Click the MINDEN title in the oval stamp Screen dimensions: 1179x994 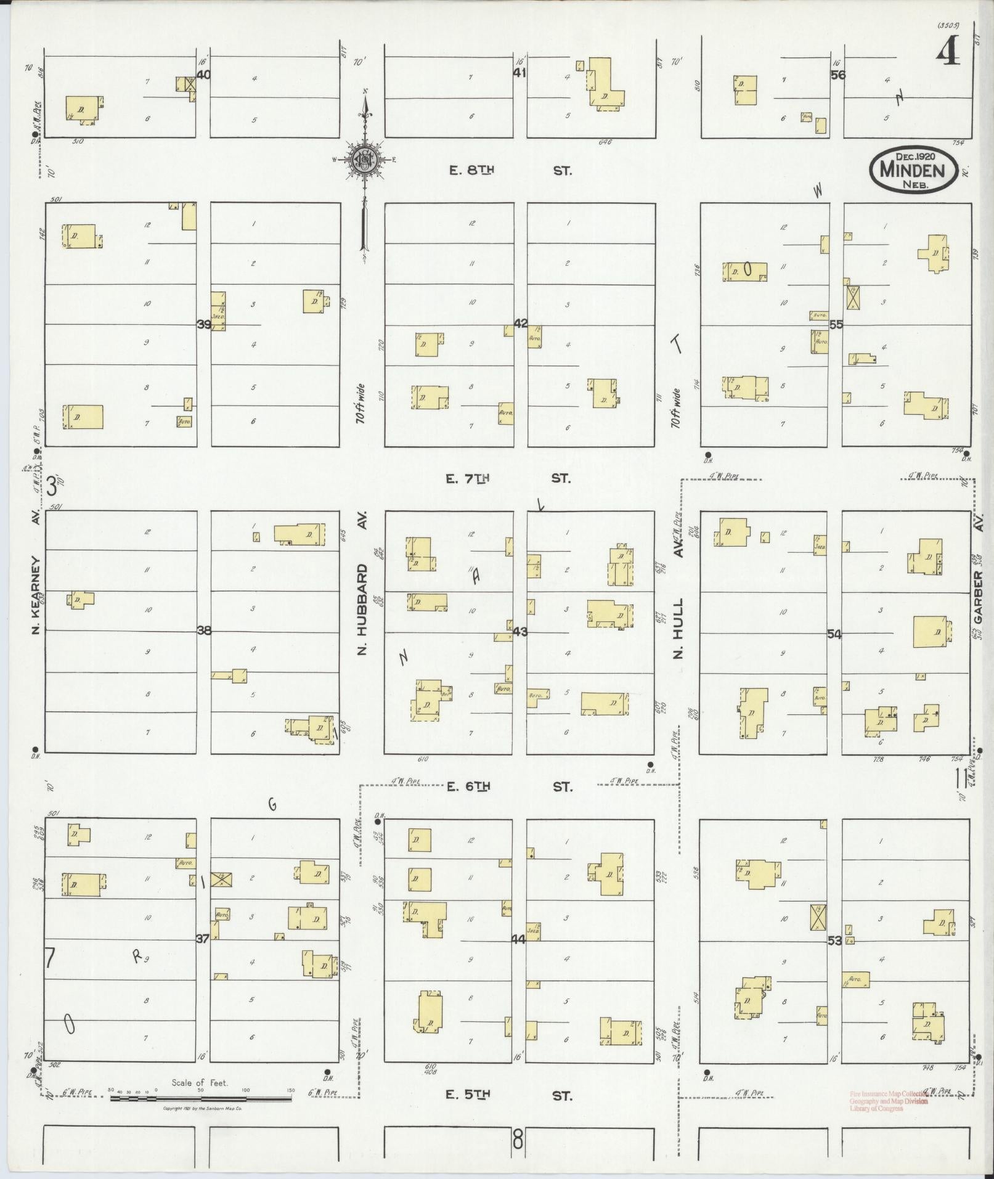click(x=913, y=168)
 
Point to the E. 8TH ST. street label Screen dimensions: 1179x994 click(x=510, y=171)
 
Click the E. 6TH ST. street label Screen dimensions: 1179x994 click(x=509, y=786)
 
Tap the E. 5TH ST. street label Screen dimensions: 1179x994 click(x=509, y=1095)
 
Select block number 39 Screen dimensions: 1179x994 click(x=203, y=324)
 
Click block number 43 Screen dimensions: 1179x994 click(x=520, y=632)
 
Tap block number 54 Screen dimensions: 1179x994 click(x=834, y=634)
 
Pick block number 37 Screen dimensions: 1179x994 click(x=202, y=938)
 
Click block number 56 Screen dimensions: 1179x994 click(x=837, y=75)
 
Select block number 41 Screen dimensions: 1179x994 click(x=519, y=73)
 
